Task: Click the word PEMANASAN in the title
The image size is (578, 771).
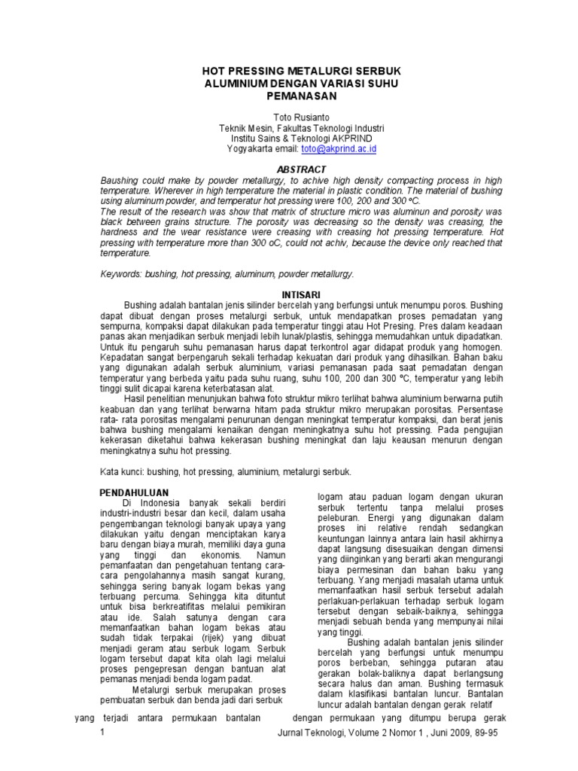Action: (x=289, y=96)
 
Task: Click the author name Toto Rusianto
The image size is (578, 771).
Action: (x=289, y=117)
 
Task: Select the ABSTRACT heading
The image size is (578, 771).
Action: (x=289, y=169)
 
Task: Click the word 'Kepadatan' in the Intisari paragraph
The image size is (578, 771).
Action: (x=123, y=360)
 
